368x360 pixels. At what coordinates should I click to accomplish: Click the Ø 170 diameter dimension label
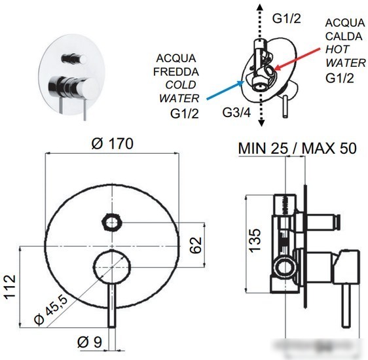112,143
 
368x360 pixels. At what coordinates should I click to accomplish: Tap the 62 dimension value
196,245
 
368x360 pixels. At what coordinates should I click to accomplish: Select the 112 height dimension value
10,287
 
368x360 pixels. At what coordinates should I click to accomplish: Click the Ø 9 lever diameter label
90,342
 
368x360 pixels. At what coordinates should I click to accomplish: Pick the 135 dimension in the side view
255,241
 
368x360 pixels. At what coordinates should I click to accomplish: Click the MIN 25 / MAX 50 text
297,148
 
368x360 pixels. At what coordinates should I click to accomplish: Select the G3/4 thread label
236,113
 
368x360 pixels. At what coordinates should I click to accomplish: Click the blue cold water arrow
225,90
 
